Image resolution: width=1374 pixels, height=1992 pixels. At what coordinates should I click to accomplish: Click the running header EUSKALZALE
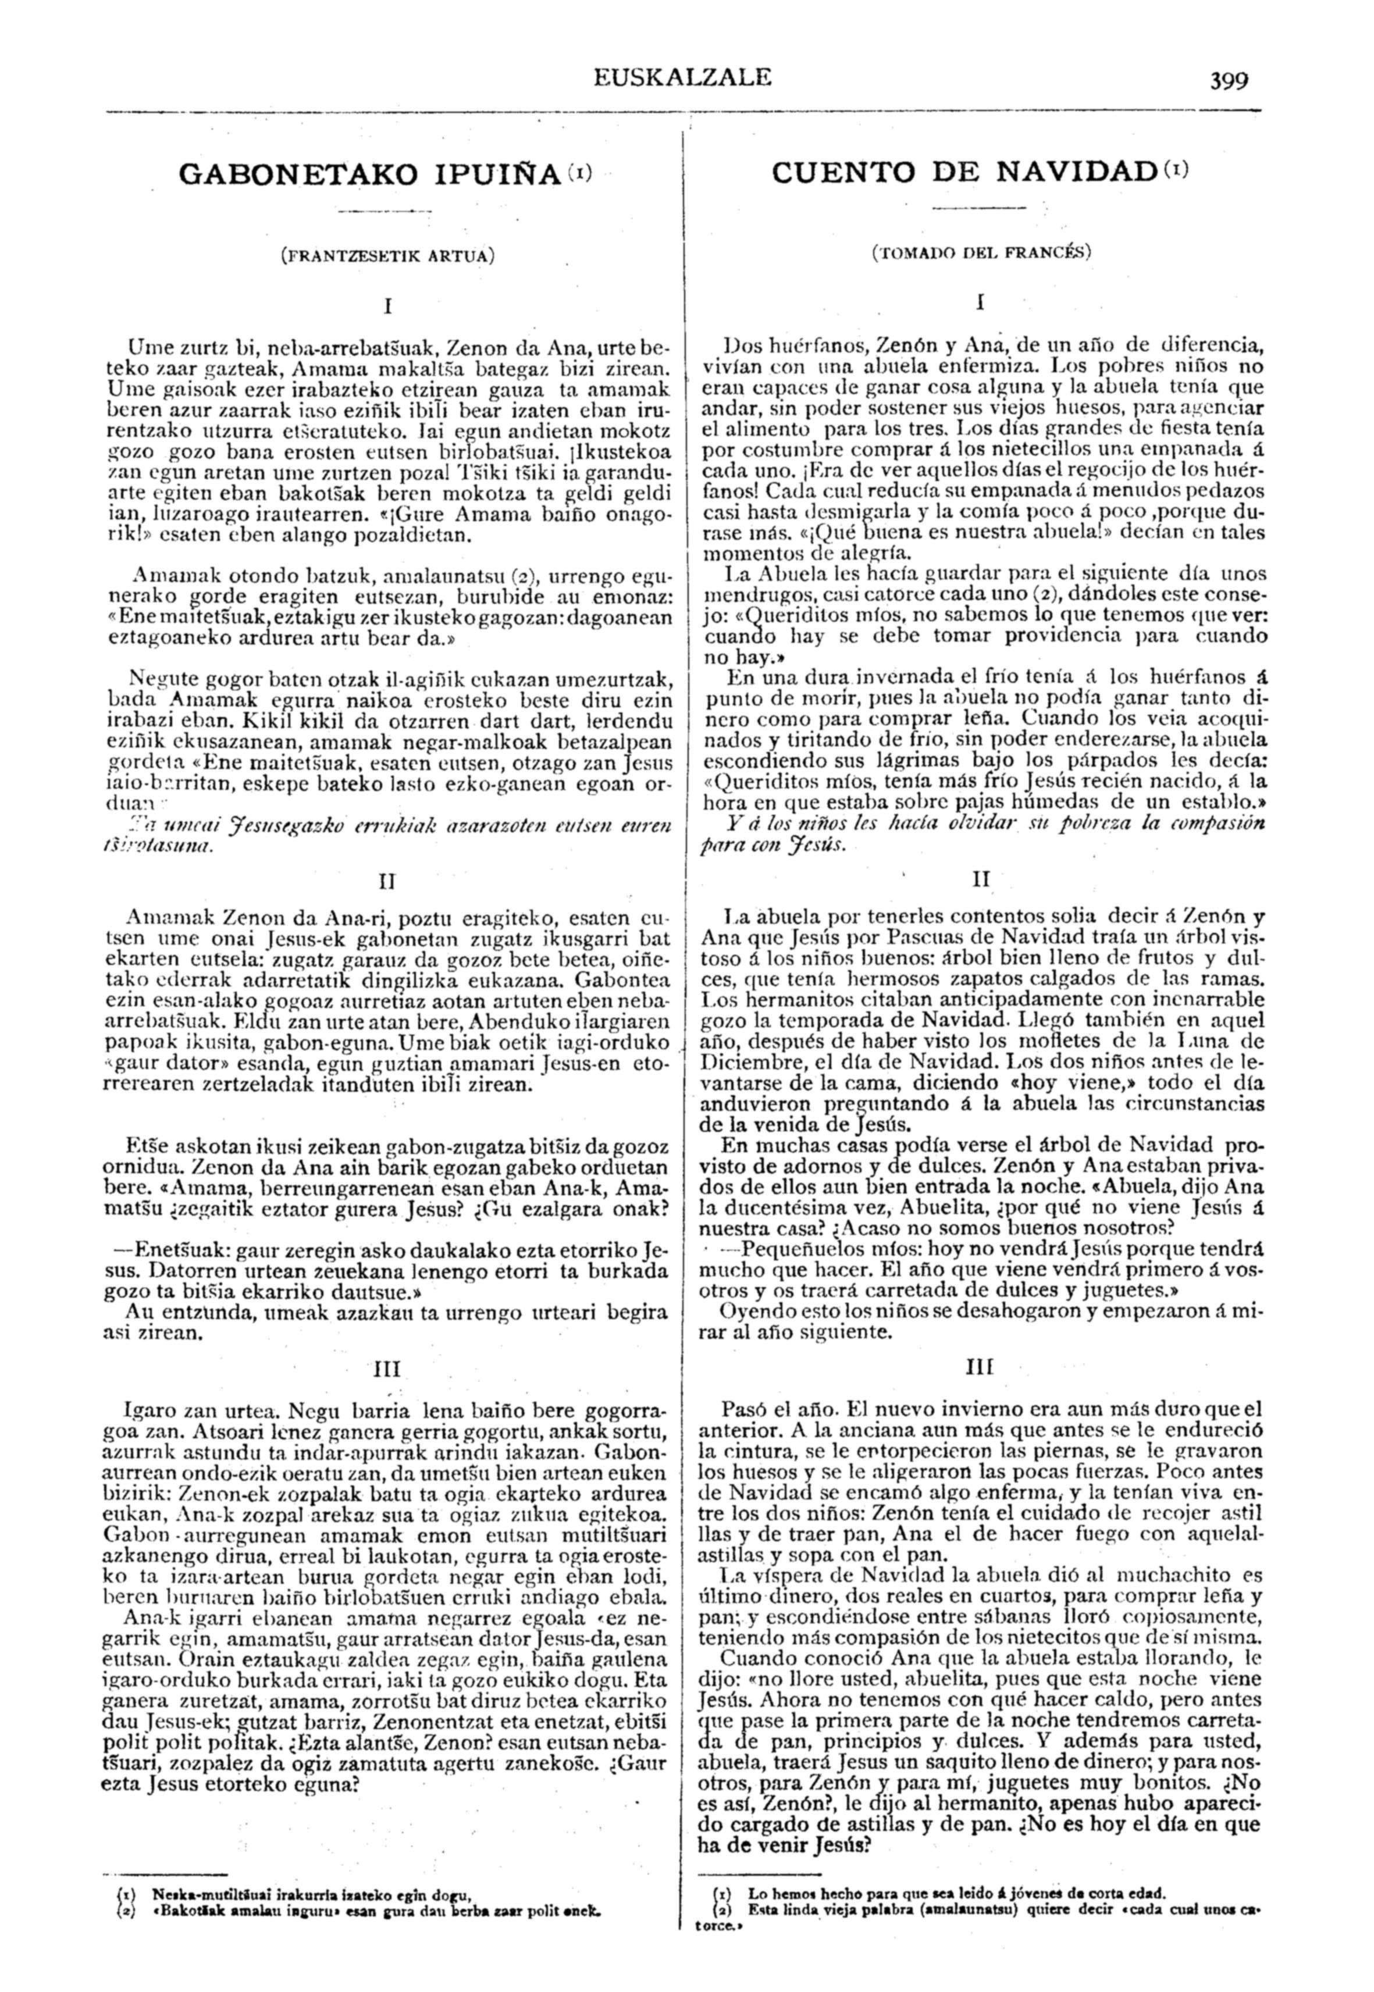click(682, 77)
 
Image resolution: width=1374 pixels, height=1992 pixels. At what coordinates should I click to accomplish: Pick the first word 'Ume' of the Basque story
click(144, 348)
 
